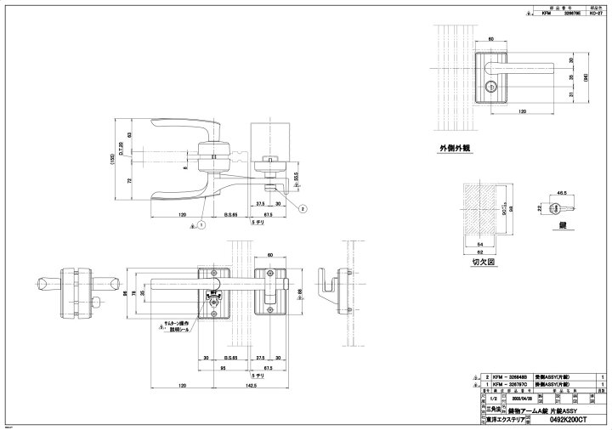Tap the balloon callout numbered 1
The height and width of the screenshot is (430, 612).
(x=201, y=224)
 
